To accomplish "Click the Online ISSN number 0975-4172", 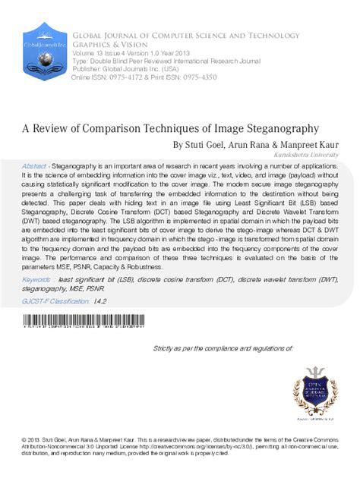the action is coord(129,78).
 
